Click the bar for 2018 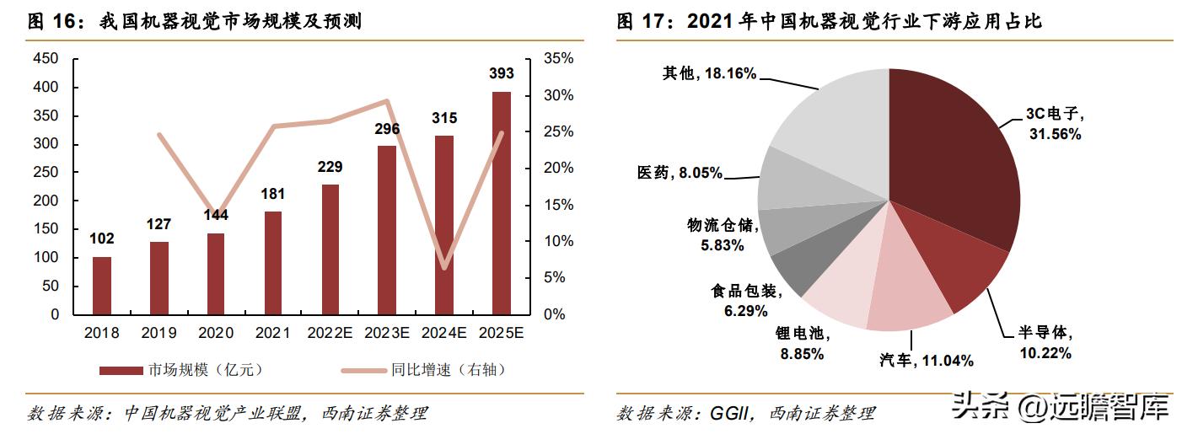click(101, 286)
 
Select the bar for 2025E click(502, 202)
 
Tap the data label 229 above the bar click(330, 167)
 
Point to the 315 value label click(444, 118)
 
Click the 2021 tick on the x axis click(273, 333)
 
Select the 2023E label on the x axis click(387, 333)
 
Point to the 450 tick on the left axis click(47, 59)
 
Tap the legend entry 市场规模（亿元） click(185, 370)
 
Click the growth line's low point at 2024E click(444, 268)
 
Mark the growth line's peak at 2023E click(387, 101)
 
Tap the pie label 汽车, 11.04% click(926, 361)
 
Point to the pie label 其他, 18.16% click(709, 74)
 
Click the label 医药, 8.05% click(680, 173)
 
